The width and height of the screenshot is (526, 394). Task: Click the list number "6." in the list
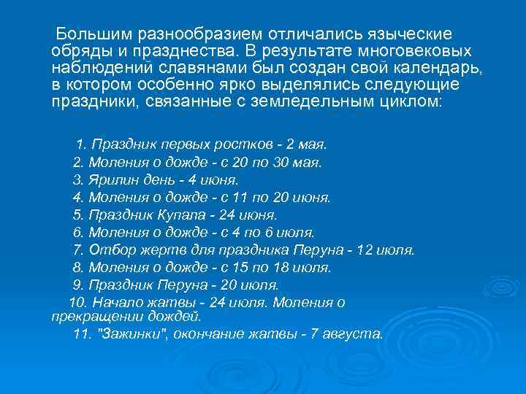pyautogui.click(x=80, y=233)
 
